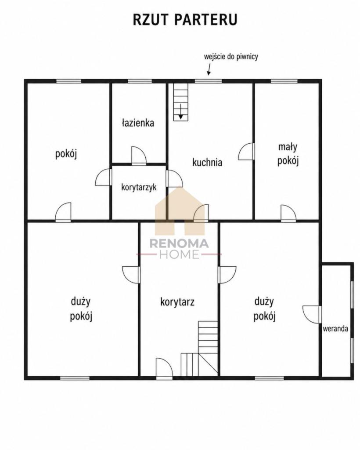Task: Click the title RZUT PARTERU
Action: (185, 19)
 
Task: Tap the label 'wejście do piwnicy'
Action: (231, 57)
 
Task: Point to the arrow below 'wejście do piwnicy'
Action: (209, 69)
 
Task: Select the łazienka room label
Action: (138, 123)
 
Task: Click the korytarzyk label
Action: (139, 187)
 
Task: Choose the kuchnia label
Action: (207, 162)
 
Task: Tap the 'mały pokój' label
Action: (288, 154)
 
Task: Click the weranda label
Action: (335, 328)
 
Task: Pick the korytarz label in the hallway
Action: (177, 302)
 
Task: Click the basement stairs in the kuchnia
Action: (181, 102)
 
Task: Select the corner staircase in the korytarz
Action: (199, 348)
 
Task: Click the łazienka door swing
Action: (139, 155)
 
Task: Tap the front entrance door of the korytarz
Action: (164, 367)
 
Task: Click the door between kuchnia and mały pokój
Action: (246, 151)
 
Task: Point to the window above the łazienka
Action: (140, 81)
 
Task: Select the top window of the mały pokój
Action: (284, 81)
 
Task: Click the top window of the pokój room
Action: (68, 81)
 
